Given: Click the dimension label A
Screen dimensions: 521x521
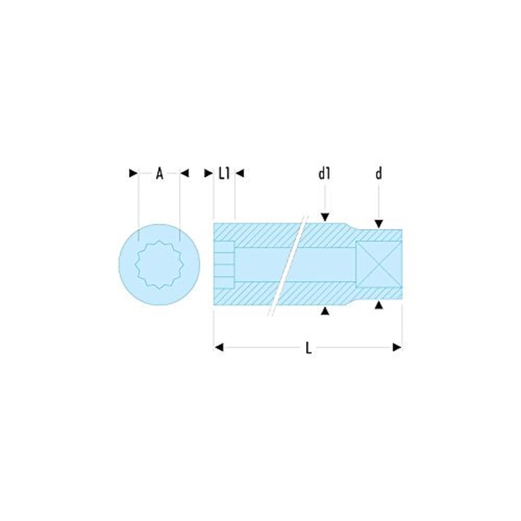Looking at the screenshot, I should click(x=159, y=173).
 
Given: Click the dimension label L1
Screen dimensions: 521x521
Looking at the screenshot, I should click(x=224, y=173).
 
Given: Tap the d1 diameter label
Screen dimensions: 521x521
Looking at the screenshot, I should click(x=325, y=173).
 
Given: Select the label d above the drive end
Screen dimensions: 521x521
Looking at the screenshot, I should click(x=379, y=173).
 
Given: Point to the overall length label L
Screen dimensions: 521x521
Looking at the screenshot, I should click(x=308, y=348).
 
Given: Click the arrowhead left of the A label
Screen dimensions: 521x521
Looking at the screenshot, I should click(x=133, y=173).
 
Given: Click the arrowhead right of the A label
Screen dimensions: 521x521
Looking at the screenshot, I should click(x=184, y=173).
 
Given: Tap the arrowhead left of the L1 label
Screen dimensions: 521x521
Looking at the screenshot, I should click(x=208, y=173).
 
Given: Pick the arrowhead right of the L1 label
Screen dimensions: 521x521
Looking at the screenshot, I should click(x=240, y=173).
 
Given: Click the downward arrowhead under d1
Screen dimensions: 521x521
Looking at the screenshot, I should click(x=325, y=217).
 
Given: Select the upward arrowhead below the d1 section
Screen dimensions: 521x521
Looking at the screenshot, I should click(x=325, y=311).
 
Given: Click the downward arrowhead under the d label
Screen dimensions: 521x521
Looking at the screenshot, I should click(x=379, y=224).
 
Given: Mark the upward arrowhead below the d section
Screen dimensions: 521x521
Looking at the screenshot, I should click(x=379, y=304).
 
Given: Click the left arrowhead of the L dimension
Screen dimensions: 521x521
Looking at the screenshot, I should click(x=219, y=347).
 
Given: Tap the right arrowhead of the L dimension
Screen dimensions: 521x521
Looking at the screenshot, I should click(x=397, y=347).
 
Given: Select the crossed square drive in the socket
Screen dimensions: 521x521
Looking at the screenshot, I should click(x=379, y=264).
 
